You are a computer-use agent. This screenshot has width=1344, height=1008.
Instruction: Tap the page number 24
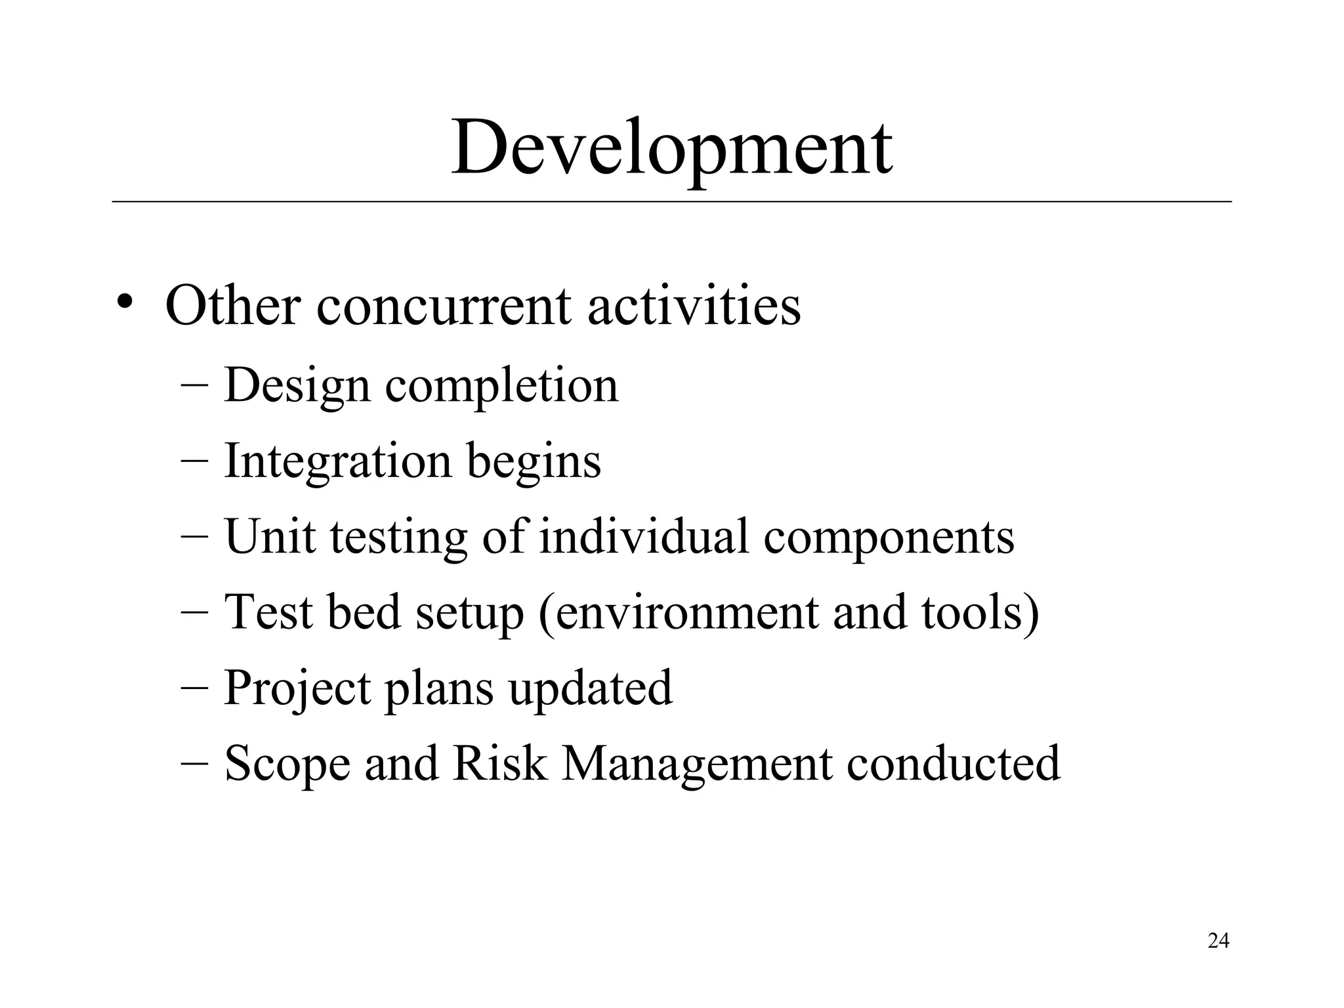(x=1218, y=941)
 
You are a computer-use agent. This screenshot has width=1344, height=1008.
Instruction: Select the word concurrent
(x=444, y=306)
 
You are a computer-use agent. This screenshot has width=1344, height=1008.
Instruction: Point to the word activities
(x=694, y=306)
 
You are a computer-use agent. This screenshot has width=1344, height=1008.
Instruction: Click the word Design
(x=297, y=386)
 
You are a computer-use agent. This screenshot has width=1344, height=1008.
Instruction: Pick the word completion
(x=501, y=386)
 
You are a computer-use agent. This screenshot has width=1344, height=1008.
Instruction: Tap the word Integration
(x=338, y=461)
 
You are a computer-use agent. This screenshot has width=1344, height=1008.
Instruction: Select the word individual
(x=644, y=537)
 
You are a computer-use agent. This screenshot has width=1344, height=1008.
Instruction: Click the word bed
(x=363, y=612)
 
